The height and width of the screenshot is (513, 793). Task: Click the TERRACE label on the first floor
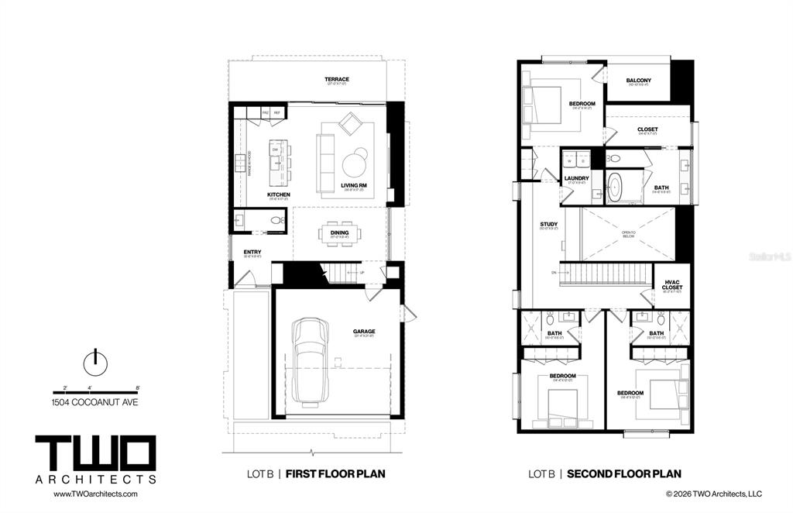pyautogui.click(x=337, y=79)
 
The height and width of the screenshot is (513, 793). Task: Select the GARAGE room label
pyautogui.click(x=364, y=332)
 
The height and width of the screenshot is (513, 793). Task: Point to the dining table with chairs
pyautogui.click(x=339, y=235)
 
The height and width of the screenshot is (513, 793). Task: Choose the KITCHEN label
pyautogui.click(x=279, y=195)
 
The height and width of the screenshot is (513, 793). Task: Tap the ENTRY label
pyautogui.click(x=252, y=252)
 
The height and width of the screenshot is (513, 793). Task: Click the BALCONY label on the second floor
pyautogui.click(x=638, y=81)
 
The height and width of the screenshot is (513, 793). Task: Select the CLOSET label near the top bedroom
pyautogui.click(x=647, y=129)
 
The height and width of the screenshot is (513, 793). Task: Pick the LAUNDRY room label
pyautogui.click(x=576, y=178)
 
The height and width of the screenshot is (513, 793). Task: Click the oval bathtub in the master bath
pyautogui.click(x=616, y=188)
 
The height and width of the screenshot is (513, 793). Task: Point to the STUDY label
pyautogui.click(x=548, y=225)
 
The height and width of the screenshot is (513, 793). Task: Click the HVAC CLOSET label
pyautogui.click(x=672, y=284)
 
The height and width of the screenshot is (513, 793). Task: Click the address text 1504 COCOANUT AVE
pyautogui.click(x=95, y=402)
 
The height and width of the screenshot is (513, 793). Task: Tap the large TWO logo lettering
pyautogui.click(x=95, y=453)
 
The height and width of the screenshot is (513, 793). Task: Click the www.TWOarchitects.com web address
pyautogui.click(x=87, y=494)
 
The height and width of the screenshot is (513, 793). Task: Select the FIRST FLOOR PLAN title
pyautogui.click(x=338, y=473)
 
